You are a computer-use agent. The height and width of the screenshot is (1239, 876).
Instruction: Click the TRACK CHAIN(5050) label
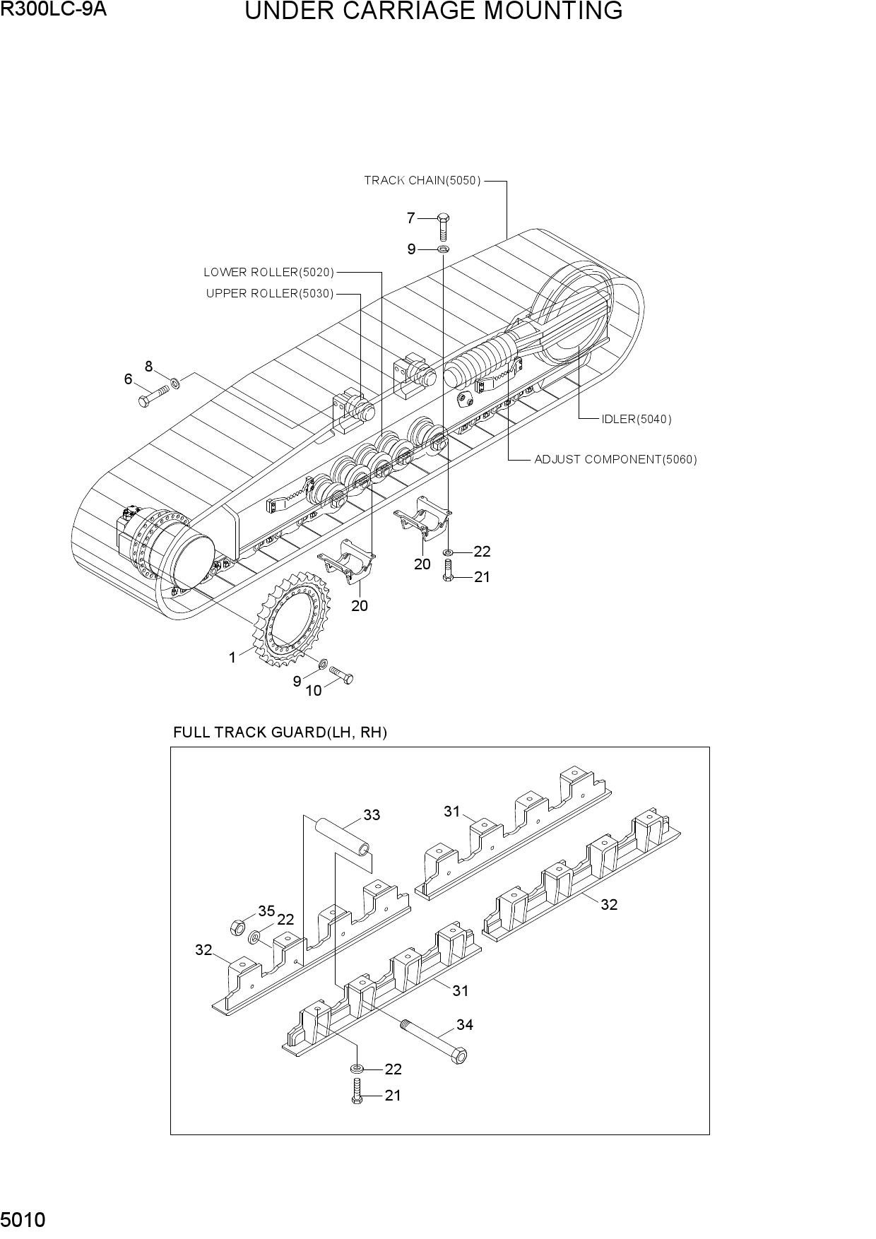click(422, 180)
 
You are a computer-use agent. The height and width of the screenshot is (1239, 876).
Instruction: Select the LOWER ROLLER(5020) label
click(269, 272)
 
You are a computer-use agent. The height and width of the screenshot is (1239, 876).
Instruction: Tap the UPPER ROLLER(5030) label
click(270, 293)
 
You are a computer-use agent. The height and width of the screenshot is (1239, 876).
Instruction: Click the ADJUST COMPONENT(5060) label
click(615, 459)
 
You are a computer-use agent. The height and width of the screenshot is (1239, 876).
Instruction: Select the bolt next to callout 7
click(444, 225)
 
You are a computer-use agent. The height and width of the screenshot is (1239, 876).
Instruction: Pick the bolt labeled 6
click(153, 395)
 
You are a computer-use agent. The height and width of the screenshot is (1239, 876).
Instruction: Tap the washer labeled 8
click(175, 383)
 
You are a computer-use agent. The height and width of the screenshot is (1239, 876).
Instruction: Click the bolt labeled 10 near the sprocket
click(341, 675)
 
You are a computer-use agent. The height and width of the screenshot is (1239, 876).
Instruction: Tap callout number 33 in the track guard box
click(372, 815)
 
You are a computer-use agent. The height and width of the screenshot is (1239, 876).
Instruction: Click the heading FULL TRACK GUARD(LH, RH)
click(280, 733)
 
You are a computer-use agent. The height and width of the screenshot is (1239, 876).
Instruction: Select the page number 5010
click(23, 1219)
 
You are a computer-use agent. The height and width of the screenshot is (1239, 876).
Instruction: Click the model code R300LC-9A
click(54, 9)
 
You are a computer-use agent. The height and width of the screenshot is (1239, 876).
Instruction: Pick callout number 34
click(465, 1024)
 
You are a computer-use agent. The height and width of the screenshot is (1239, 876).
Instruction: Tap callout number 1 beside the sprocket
click(232, 658)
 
